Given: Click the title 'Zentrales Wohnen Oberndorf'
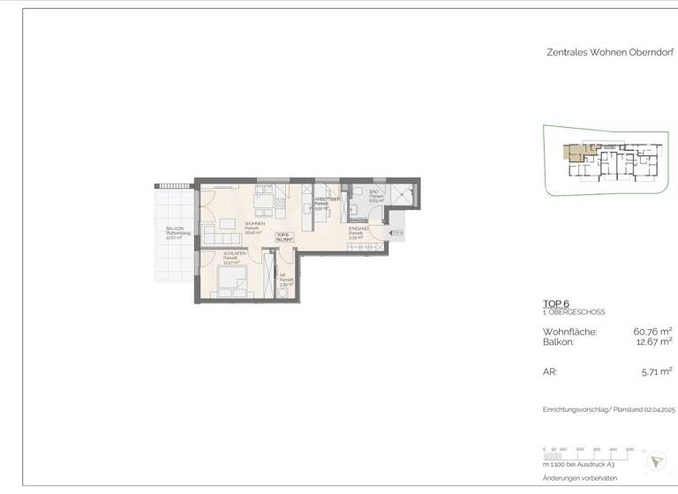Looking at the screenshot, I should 610,52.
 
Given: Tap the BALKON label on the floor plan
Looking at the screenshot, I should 174,228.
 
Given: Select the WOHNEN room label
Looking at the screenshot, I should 255,224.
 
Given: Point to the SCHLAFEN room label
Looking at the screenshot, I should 234,253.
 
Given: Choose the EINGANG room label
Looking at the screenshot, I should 358,228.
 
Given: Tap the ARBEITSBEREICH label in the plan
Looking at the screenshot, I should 328,200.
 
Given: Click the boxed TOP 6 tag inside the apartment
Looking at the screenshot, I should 283,236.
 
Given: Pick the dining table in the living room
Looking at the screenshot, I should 264,206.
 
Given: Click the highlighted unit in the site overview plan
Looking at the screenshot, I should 576,152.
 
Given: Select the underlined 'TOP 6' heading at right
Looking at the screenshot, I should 556,303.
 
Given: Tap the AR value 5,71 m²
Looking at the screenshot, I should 656,372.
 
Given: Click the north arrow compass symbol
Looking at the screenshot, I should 656,460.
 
